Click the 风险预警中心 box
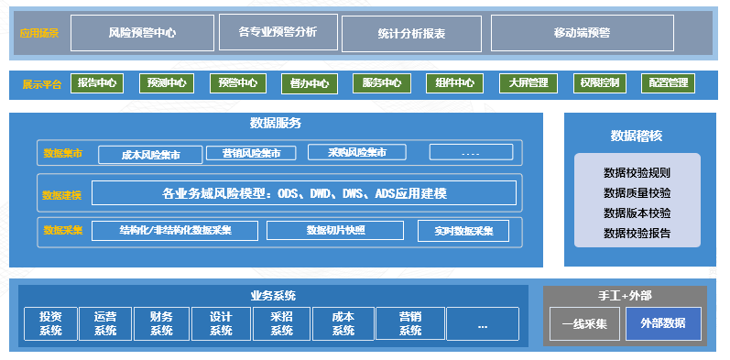pos(142,32)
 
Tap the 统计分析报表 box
pos(411,33)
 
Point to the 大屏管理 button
pos(528,83)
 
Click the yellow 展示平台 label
pos(42,84)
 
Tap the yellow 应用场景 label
pos(39,33)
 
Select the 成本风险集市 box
pos(149,155)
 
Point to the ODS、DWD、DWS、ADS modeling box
pos(304,192)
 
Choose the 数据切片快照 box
pos(335,230)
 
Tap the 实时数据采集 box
pos(463,231)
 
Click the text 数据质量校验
pos(637,192)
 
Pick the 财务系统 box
pos(160,323)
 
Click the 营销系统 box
pos(409,323)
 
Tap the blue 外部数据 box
pos(663,323)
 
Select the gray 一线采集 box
pos(584,323)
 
